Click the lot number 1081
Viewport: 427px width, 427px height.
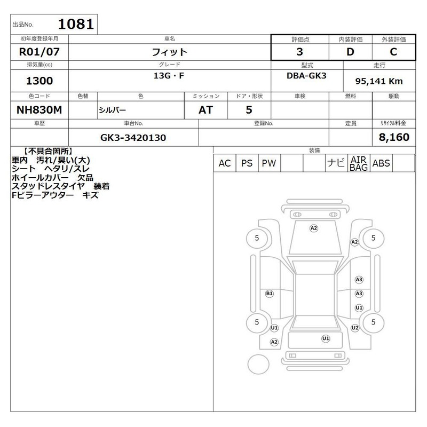[76, 24]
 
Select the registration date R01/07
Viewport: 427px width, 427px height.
[39, 52]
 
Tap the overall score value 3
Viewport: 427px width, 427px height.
[299, 52]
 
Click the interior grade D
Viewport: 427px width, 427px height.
[350, 52]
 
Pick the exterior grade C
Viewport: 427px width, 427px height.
[393, 52]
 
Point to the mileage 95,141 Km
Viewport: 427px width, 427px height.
[379, 81]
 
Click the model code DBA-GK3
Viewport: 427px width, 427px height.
[306, 75]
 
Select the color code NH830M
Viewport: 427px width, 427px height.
[39, 110]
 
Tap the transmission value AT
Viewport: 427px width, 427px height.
[205, 110]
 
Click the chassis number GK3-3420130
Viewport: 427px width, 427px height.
[133, 138]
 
